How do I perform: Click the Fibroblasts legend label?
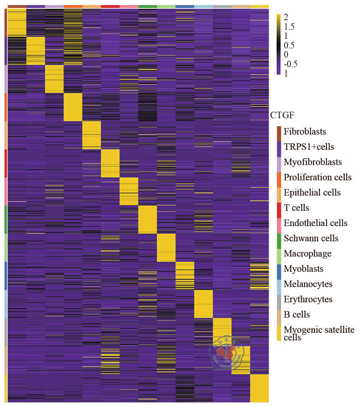pos(305,132)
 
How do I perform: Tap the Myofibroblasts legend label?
pos(313,162)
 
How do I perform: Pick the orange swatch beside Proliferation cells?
pos(279,177)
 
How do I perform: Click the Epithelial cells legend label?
pos(312,193)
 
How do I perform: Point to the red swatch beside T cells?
pos(279,208)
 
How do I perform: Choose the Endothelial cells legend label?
pos(315,223)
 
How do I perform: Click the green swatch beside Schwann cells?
pos(279,238)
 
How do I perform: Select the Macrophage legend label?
pos(307,254)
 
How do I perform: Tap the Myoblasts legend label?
pos(304,269)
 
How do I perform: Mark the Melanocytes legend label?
pos(308,284)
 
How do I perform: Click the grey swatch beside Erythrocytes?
pos(279,299)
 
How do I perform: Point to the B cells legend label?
pos(297,315)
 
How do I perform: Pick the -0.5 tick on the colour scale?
pos(291,64)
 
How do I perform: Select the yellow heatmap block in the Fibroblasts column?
pos(17,22)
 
